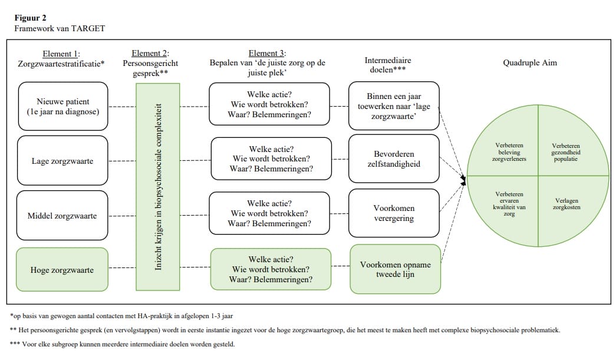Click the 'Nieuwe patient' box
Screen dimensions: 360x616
pos(62,106)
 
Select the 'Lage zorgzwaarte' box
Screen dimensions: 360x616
pos(62,161)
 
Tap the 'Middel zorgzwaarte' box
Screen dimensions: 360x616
pos(62,216)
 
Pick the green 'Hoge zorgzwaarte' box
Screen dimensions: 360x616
pos(62,270)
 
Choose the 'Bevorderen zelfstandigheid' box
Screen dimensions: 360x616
pos(394,159)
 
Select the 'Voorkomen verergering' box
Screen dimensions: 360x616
pos(394,213)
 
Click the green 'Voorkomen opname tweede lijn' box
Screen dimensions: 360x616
pos(395,269)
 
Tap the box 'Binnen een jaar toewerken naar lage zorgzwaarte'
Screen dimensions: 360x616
pos(394,106)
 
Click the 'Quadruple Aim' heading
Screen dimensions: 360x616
pos(529,63)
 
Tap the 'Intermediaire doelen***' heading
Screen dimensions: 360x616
pos(388,64)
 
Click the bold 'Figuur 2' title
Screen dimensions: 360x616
pos(31,18)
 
